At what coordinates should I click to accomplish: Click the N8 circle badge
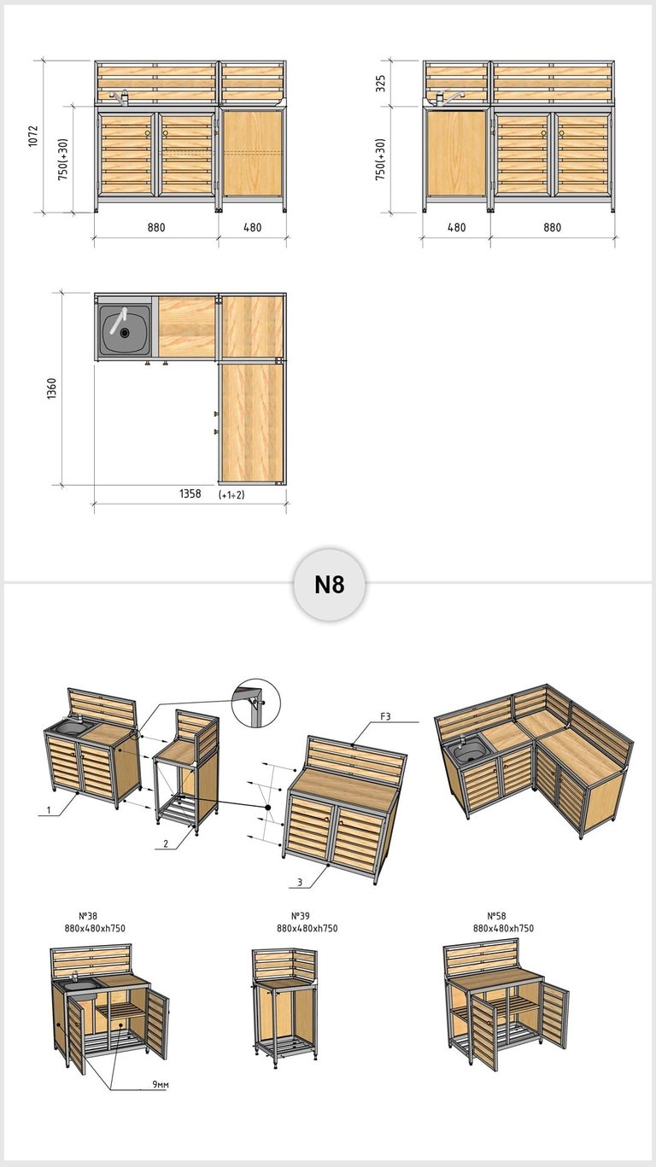330,584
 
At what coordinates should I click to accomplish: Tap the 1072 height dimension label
33,136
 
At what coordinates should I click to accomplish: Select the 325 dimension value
381,84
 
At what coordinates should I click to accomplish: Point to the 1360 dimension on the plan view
51,388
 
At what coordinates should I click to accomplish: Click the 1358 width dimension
190,493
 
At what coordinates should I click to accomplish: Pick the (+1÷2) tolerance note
231,494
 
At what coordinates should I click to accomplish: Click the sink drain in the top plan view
124,332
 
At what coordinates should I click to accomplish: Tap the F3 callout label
385,716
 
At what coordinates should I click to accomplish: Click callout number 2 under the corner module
166,843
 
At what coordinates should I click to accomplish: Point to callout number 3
300,882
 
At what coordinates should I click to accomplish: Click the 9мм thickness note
161,1084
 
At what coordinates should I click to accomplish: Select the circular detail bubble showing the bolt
255,703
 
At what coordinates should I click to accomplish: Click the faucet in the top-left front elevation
120,97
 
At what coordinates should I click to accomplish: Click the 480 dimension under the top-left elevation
252,227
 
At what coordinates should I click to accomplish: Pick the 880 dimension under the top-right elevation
553,227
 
